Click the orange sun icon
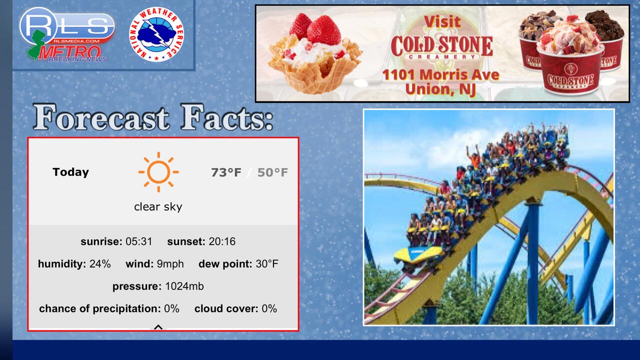coord(158,172)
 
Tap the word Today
coord(70,172)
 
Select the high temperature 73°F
coord(226,172)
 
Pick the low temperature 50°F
coord(272,172)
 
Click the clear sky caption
coord(158,206)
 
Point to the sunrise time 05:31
coord(139,241)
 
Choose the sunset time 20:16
coord(222,241)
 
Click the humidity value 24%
coord(100,263)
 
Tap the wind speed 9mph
coord(170,264)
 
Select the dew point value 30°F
coord(267,263)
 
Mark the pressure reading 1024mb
coord(184,286)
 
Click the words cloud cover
coord(226,308)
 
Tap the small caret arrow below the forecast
coord(158,327)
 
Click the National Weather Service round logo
coord(156,34)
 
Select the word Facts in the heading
coord(226,117)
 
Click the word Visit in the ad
coord(442,21)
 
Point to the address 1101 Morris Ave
coord(440,74)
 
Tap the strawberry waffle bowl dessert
coord(315,54)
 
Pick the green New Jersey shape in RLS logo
coord(36,45)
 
